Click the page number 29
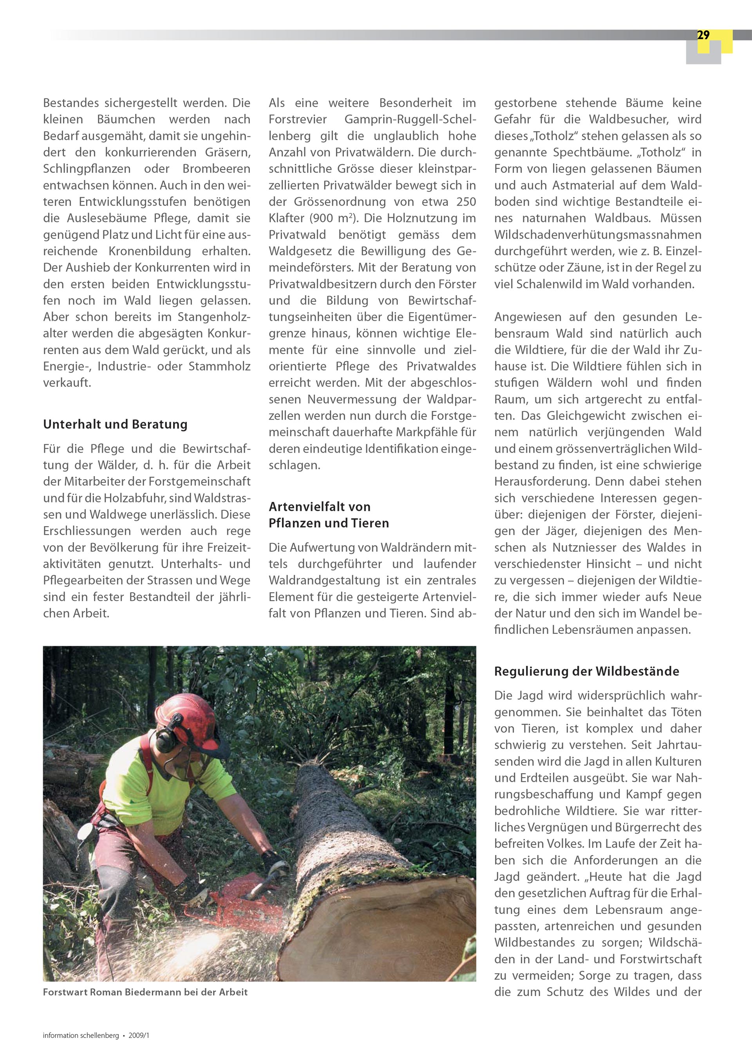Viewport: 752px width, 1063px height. pyautogui.click(x=703, y=36)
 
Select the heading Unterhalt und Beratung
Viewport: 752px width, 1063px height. pyautogui.click(x=115, y=424)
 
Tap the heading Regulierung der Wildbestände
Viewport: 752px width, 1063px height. pyautogui.click(x=586, y=671)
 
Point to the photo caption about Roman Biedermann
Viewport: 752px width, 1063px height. pyautogui.click(x=145, y=992)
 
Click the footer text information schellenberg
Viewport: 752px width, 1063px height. pyautogui.click(x=81, y=1036)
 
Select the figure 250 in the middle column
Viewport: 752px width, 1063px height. pyautogui.click(x=466, y=202)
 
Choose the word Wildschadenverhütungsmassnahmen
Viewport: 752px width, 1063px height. pyautogui.click(x=598, y=235)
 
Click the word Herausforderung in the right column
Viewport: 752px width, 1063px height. pyautogui.click(x=542, y=482)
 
